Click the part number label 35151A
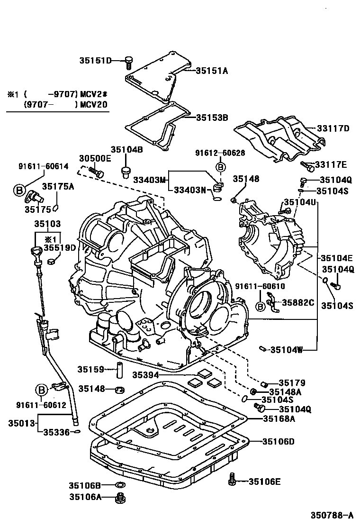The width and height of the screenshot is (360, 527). pos(212,71)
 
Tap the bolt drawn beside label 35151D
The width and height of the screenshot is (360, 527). pos(128,61)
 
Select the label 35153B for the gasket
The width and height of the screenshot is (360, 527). pos(212,117)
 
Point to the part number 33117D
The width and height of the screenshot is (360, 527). pos(333,128)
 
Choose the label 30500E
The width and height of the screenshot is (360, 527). pos(95,158)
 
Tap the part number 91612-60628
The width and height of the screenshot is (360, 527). pos(220,153)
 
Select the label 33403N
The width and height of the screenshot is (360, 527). pos(189,191)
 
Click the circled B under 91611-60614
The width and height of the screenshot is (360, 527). pos(18,191)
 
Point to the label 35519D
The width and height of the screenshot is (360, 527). pos(60,247)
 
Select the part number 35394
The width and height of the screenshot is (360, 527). pos(144,374)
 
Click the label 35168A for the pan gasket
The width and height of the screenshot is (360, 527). pos(279,418)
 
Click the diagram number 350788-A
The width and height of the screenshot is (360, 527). pos(332,515)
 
